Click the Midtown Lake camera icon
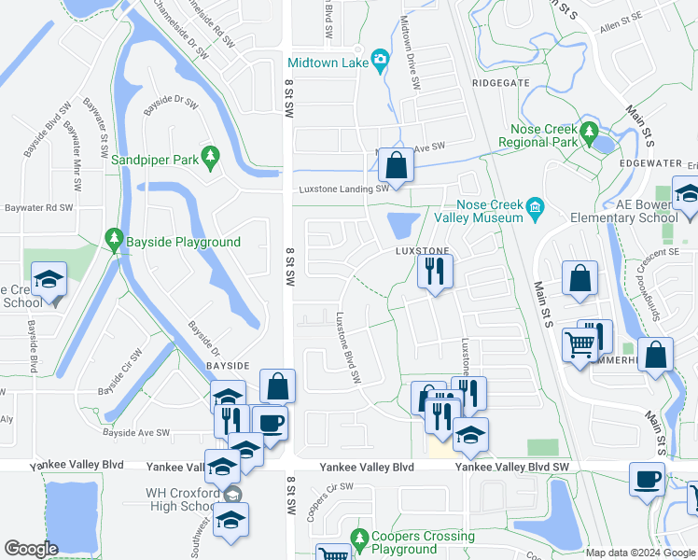tap(380, 62)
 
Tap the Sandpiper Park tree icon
tap(211, 156)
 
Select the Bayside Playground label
tap(184, 242)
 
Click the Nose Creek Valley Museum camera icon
tap(536, 207)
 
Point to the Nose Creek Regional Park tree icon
tap(588, 132)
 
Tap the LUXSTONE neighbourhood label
tap(423, 251)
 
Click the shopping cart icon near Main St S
tap(580, 344)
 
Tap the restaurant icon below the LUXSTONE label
tap(434, 271)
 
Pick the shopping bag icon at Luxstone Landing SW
tap(397, 167)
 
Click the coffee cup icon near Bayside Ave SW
tap(270, 423)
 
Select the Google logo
tap(32, 549)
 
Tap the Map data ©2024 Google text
tap(640, 553)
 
